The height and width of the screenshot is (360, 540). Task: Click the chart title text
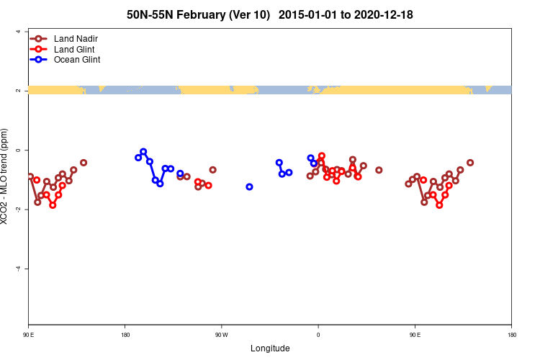tap(269, 14)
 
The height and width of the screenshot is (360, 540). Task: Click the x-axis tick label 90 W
tap(221, 335)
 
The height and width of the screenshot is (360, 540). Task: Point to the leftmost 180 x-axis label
tap(125, 335)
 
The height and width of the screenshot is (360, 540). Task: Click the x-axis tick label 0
tap(318, 335)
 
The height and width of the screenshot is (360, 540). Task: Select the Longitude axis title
tap(270, 348)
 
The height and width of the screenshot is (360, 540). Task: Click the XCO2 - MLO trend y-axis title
tap(6, 177)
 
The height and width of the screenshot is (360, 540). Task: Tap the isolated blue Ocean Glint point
tap(249, 186)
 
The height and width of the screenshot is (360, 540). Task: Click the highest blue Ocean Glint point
tap(143, 151)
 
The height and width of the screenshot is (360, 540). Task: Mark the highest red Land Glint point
tap(322, 156)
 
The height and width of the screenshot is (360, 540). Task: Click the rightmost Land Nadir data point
tap(470, 163)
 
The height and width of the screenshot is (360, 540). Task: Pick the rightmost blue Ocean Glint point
tap(314, 163)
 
